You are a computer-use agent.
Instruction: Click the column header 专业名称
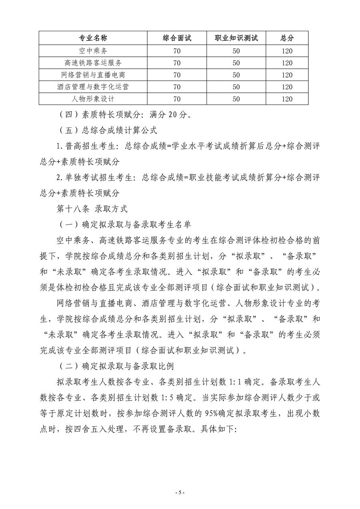[x=93, y=38]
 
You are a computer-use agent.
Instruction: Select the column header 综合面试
[x=177, y=38]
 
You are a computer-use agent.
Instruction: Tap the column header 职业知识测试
[x=236, y=38]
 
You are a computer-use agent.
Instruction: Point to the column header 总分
[x=287, y=38]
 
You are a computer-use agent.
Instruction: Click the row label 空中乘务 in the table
[x=93, y=51]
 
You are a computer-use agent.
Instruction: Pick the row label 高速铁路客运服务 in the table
[x=93, y=63]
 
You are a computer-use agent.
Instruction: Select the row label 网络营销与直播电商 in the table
[x=93, y=75]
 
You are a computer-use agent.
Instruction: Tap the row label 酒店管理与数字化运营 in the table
[x=93, y=87]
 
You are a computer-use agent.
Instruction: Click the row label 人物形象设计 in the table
[x=93, y=99]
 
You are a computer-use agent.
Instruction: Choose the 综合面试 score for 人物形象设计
[x=177, y=99]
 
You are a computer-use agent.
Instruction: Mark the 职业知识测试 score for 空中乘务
[x=236, y=51]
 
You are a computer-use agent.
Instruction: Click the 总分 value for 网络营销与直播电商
[x=287, y=75]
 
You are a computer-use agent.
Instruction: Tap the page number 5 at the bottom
[x=180, y=493]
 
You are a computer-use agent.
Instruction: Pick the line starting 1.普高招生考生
[x=188, y=146]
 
